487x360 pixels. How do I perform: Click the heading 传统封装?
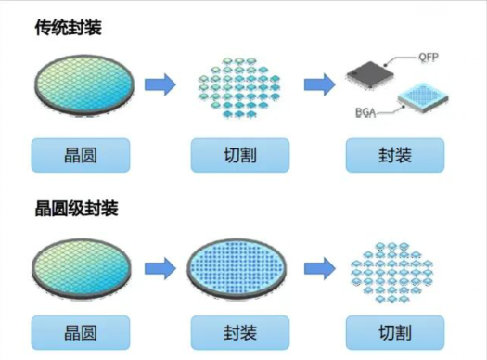pos(67,28)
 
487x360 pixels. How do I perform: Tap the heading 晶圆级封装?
pos(75,208)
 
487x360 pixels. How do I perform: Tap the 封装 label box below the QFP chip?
pos(390,155)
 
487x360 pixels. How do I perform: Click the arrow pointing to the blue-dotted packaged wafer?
pos(161,266)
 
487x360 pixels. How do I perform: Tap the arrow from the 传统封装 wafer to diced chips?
pos(161,85)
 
